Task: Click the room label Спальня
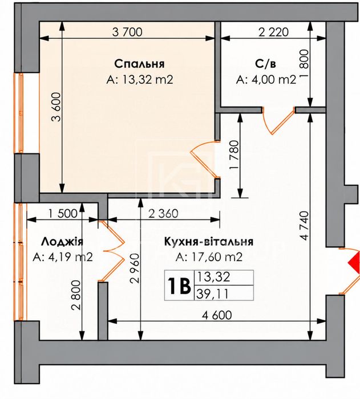click(139, 64)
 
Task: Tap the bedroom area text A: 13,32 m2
click(140, 80)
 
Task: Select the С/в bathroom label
click(265, 64)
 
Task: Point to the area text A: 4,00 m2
click(266, 80)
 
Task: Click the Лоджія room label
click(62, 242)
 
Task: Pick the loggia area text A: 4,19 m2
click(63, 257)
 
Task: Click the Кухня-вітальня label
click(209, 242)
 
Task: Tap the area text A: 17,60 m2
click(209, 257)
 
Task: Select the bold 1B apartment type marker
click(179, 286)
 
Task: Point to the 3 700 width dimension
click(127, 32)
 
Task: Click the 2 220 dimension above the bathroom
click(273, 32)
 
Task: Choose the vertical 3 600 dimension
click(56, 107)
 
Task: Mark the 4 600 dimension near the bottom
click(217, 315)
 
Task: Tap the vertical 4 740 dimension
click(304, 226)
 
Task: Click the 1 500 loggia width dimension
click(62, 214)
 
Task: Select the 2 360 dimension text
click(163, 214)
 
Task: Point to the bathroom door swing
click(278, 120)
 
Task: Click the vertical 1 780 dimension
click(234, 154)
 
